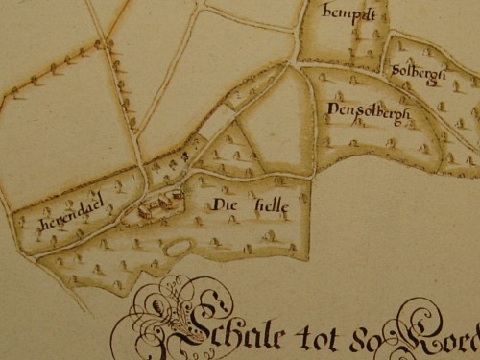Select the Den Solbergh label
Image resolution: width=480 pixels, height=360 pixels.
[368, 114]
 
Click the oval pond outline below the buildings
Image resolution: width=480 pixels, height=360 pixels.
[179, 249]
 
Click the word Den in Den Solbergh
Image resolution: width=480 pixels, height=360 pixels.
[339, 111]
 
